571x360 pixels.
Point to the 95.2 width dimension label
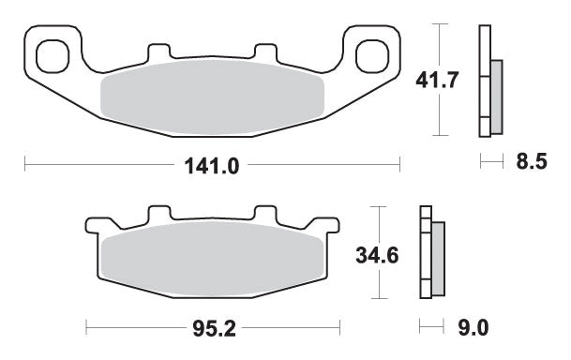pos(213,328)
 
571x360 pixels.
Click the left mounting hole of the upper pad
pos(53,52)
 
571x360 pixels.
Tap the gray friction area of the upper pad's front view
pos(212,98)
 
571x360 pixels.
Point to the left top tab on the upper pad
pos(156,52)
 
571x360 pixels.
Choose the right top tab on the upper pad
pos(265,52)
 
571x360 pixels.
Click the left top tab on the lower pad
pos(158,215)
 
